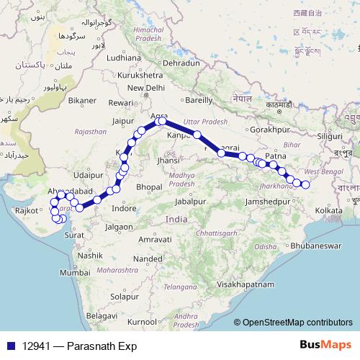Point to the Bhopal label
point(149,186)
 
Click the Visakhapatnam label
point(238,284)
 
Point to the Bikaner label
point(81,101)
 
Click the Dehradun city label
point(181,63)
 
